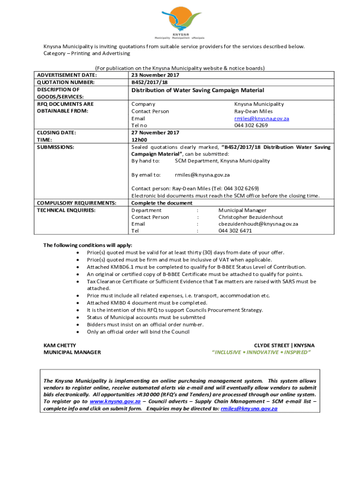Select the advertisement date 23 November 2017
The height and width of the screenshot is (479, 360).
[x=155, y=75]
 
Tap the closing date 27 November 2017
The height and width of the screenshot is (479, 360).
[x=155, y=132]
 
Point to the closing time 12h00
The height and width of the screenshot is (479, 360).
[x=139, y=139]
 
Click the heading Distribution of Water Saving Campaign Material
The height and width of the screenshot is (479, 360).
[x=197, y=90]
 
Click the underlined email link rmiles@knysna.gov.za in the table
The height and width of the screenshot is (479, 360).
[x=261, y=118]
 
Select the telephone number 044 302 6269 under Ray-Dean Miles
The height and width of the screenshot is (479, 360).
[x=251, y=125]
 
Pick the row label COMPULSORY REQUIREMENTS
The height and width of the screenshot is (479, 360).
[x=76, y=203]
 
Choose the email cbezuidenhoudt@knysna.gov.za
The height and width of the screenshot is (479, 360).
[x=258, y=224]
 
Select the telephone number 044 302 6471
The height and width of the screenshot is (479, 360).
[x=235, y=231]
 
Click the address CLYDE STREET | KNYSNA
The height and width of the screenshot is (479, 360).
[x=284, y=345]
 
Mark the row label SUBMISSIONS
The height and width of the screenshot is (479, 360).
[x=55, y=147]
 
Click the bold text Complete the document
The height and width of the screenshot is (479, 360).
[x=162, y=203]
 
